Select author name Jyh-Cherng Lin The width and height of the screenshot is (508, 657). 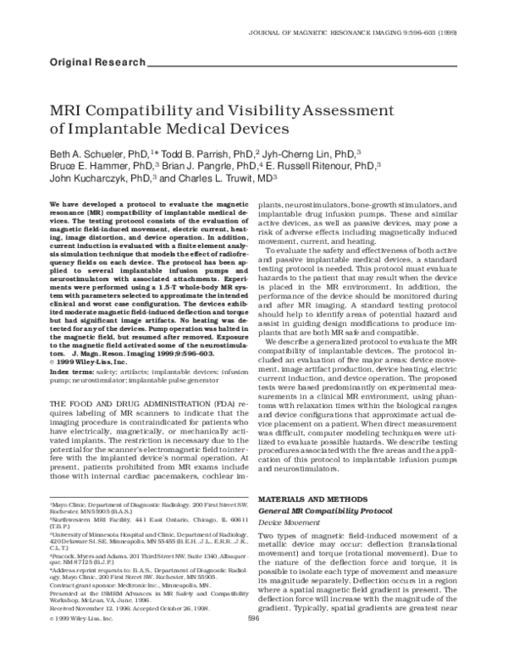pyautogui.click(x=317, y=157)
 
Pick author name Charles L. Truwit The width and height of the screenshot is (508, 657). pyautogui.click(x=224, y=180)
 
